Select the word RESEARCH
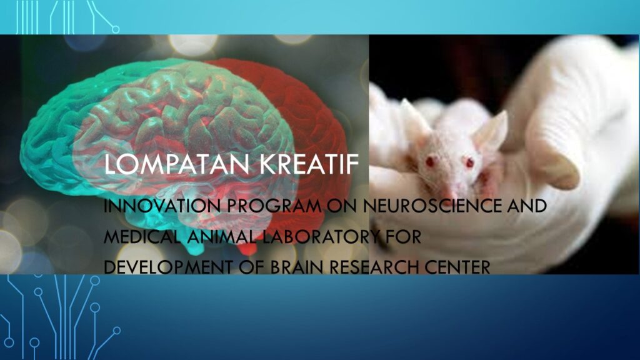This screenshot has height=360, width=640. [372, 267]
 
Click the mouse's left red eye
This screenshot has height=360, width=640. [430, 161]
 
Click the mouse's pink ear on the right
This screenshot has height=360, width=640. [491, 131]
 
